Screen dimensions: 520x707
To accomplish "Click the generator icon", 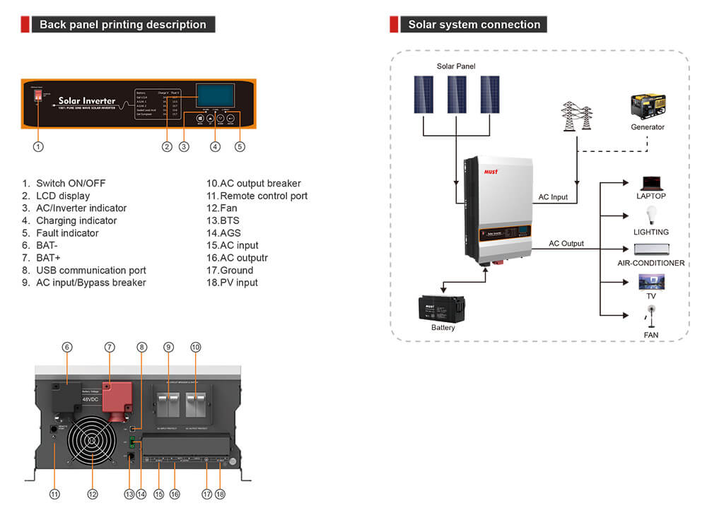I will click(x=648, y=107).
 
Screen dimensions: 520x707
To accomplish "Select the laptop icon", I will click(x=650, y=183).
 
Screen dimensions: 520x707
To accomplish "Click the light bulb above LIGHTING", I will click(x=650, y=216).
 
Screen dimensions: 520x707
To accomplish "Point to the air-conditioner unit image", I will click(x=650, y=249).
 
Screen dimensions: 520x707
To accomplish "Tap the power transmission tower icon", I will click(x=576, y=116).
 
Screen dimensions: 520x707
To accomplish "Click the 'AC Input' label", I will click(x=553, y=197).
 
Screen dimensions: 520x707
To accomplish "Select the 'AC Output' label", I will click(x=566, y=244).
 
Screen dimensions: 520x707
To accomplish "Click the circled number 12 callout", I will click(x=92, y=495).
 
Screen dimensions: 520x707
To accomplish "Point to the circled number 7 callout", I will click(x=110, y=347).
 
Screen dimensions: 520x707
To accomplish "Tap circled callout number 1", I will click(x=39, y=147).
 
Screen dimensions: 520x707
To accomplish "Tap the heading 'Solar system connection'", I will click(x=474, y=25).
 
